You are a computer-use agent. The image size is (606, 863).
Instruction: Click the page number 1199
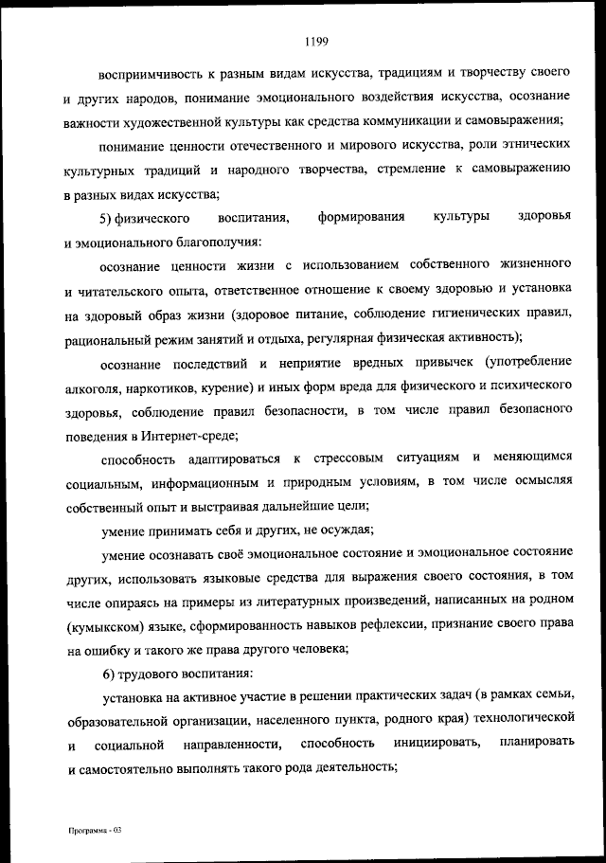click(x=316, y=40)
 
